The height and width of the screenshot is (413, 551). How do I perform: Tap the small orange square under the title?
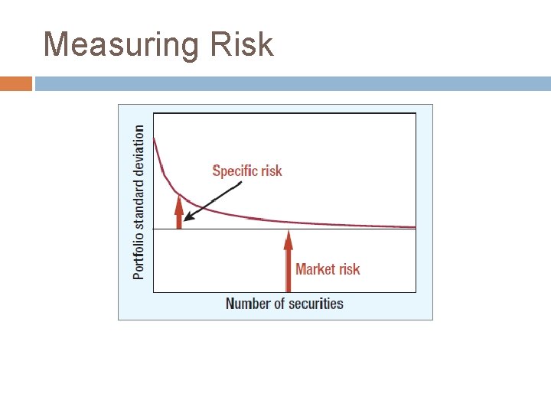click(x=16, y=83)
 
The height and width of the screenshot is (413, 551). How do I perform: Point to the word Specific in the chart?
click(x=234, y=171)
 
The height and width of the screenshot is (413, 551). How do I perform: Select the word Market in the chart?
click(x=315, y=268)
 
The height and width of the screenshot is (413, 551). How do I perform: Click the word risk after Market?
click(x=348, y=268)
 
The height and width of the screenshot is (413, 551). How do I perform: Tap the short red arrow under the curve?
click(x=179, y=212)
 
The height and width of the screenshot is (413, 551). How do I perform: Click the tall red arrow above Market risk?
click(x=289, y=260)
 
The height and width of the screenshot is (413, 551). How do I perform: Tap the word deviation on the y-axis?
click(x=139, y=150)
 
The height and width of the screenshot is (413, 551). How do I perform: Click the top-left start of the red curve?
click(x=155, y=138)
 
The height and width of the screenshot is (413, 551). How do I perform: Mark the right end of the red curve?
click(x=414, y=226)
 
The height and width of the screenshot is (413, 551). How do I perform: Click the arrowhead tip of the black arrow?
click(x=184, y=220)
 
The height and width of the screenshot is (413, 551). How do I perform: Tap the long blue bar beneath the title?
click(x=292, y=83)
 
